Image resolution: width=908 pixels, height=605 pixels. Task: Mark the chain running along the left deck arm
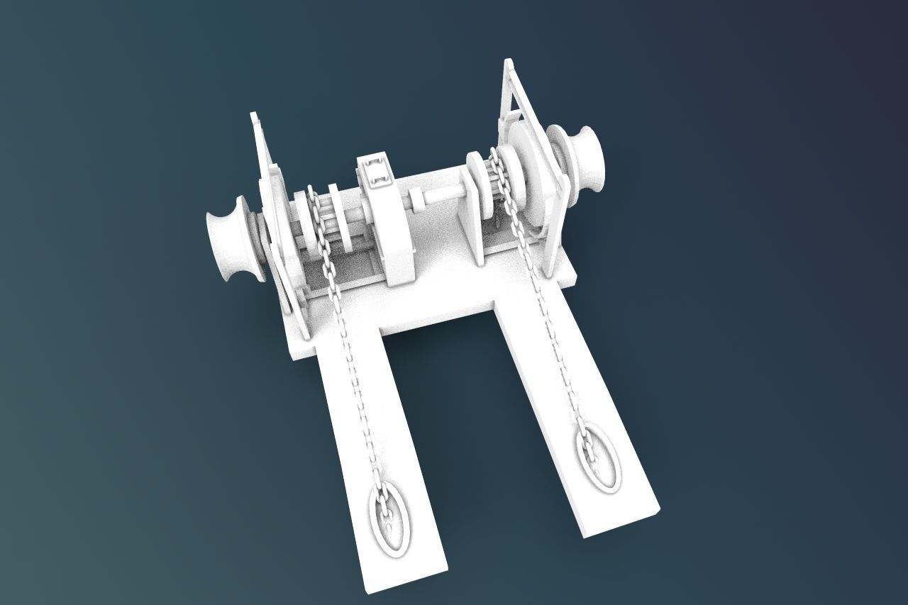point(355,376)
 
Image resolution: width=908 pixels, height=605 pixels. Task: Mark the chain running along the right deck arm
point(557,340)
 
